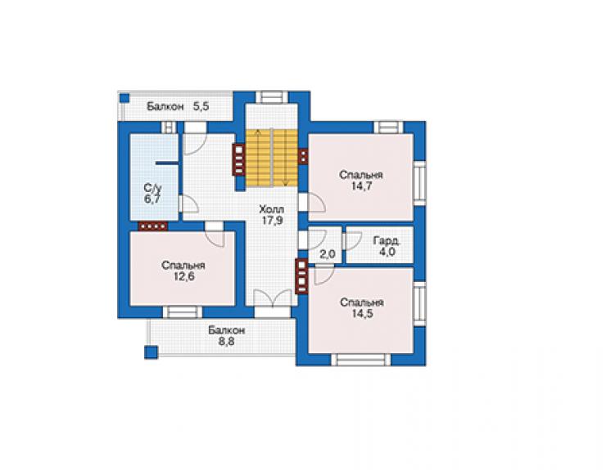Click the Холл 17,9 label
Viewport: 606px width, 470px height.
point(272,215)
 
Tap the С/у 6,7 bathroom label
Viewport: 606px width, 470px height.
point(152,194)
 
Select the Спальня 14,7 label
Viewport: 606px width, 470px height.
point(361,180)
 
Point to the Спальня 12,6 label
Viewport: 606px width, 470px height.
point(183,271)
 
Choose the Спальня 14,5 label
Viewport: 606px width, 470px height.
point(362,307)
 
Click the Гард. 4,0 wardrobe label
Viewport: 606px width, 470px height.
point(387,246)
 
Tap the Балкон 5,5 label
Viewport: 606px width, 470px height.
point(178,106)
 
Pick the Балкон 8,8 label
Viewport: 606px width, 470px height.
point(227,336)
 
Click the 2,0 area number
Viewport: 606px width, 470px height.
point(327,255)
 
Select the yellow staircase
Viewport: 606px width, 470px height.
point(272,158)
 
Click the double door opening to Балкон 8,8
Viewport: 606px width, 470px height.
point(273,298)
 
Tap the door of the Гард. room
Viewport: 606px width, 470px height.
point(352,241)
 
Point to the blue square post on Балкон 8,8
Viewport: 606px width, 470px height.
point(151,352)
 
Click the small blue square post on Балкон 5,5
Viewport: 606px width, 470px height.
point(124,98)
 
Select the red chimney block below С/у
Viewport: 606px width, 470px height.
point(153,226)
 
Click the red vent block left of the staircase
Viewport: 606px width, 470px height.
point(238,159)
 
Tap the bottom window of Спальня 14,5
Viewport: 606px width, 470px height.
point(361,360)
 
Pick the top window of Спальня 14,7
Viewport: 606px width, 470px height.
point(388,127)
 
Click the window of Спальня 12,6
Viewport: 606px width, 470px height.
point(183,311)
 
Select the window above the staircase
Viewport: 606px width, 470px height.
point(272,96)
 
